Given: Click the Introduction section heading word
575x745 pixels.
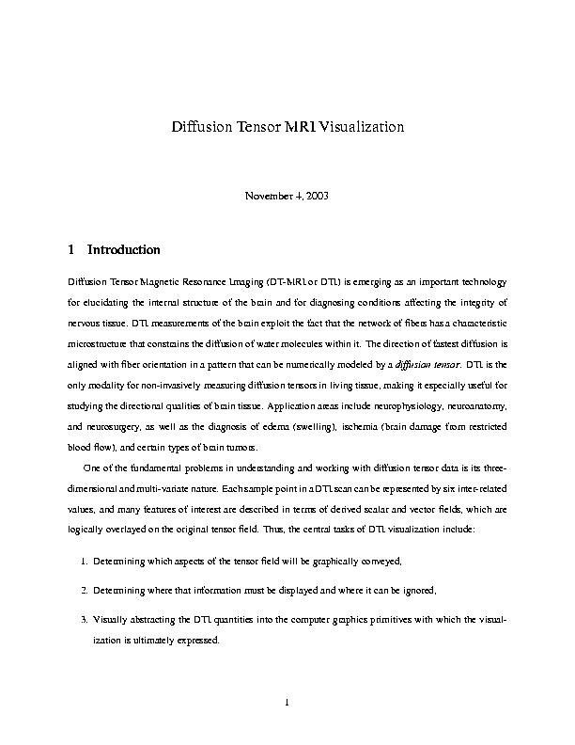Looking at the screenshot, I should click(124, 251).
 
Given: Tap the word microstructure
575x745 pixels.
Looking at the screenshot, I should click(101, 345).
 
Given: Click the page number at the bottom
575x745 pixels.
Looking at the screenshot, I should click(287, 701).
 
